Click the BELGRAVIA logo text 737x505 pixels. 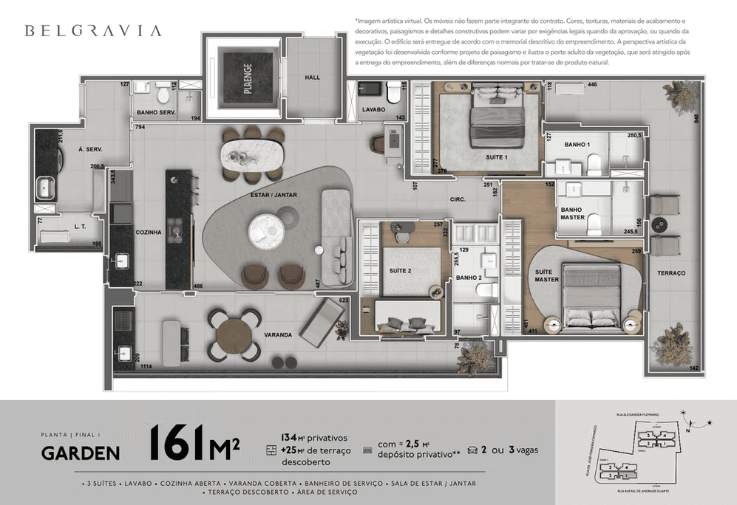tap(92, 31)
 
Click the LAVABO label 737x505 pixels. tap(373, 109)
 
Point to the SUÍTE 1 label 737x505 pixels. tap(496, 157)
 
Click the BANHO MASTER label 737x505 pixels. tap(572, 213)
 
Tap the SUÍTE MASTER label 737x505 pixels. tap(547, 276)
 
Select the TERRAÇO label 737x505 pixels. tap(671, 273)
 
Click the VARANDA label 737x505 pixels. tap(278, 334)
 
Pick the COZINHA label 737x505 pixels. tap(149, 232)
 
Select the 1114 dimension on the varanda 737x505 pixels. tap(146, 366)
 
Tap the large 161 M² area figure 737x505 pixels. tap(194, 442)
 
